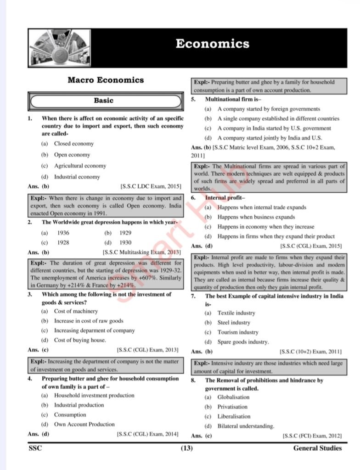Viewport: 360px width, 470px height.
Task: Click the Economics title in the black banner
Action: (212, 44)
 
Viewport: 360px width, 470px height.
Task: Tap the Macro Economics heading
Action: (106, 80)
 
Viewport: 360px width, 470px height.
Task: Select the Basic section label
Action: (104, 101)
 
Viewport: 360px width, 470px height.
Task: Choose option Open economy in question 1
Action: (72, 155)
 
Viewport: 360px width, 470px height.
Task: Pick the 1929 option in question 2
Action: (125, 233)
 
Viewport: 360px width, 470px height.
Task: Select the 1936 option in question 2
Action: (63, 233)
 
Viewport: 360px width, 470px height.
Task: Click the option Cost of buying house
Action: (80, 340)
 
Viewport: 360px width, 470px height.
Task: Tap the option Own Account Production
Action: (84, 424)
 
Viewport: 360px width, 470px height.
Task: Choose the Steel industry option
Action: (234, 323)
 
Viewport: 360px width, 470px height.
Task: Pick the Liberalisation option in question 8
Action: (234, 416)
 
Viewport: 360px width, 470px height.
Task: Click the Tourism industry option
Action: (238, 332)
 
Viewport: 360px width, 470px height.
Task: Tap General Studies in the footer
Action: (317, 448)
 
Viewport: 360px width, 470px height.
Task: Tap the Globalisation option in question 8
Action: (234, 397)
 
